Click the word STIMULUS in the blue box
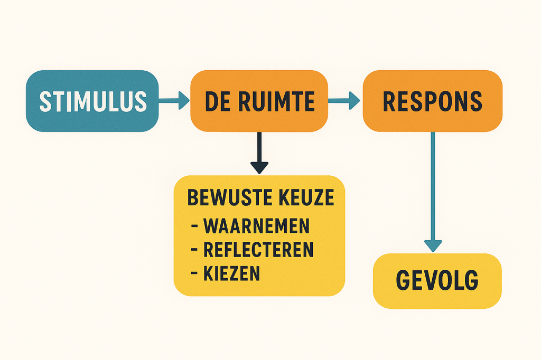93,101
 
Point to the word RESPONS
432,101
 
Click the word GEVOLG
437,280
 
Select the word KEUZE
306,197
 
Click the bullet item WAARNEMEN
256,226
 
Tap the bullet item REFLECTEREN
258,250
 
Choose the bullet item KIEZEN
231,273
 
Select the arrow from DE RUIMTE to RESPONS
344,101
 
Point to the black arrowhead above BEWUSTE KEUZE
259,167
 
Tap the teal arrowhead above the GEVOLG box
433,246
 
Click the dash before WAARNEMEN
194,226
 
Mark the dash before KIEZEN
194,274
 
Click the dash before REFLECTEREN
194,250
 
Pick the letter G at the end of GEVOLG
471,280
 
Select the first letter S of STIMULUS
45,101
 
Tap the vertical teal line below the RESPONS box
433,186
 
